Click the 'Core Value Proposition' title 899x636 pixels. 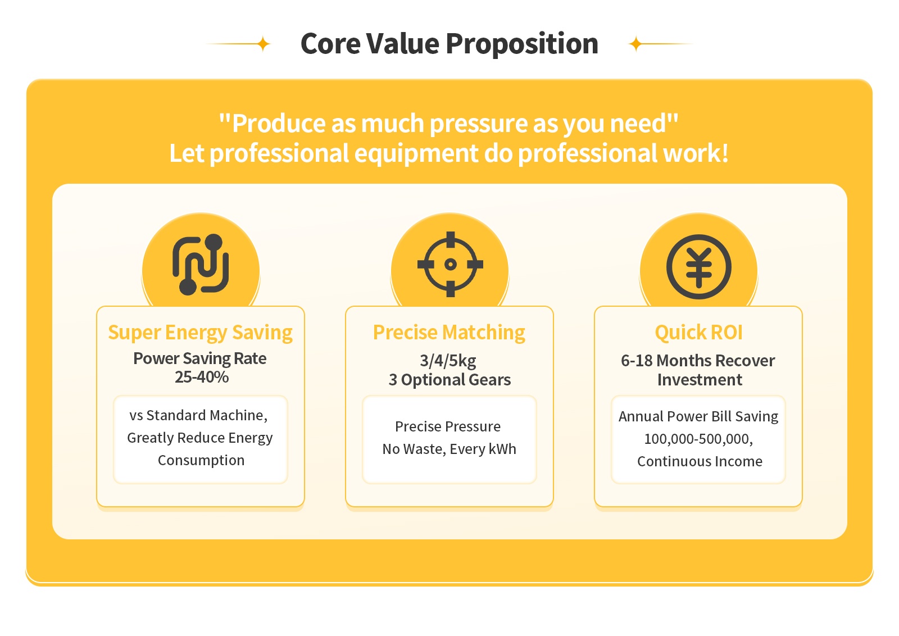449,44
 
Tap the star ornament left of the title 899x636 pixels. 264,44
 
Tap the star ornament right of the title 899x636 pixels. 635,44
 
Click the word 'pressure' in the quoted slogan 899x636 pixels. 478,124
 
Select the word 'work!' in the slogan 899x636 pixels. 696,153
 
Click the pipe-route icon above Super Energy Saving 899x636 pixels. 201,265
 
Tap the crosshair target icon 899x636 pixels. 450,265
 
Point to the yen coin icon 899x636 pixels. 699,267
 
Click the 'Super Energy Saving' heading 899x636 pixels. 200,333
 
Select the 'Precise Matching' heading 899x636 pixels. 449,333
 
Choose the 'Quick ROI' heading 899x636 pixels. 699,332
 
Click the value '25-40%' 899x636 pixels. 202,377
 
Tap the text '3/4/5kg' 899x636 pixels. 448,361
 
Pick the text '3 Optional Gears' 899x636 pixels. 449,380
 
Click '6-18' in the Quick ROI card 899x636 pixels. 637,361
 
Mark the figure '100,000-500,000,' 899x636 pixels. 698,439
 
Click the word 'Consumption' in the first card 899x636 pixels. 201,460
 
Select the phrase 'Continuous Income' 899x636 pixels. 700,461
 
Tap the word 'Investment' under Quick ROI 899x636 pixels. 700,380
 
